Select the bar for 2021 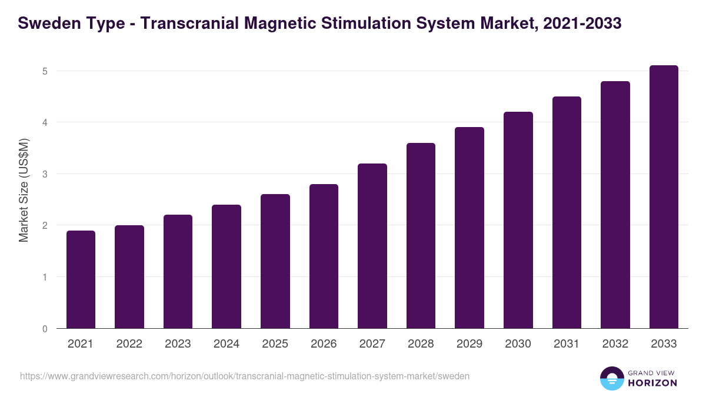(81, 279)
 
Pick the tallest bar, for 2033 (664, 197)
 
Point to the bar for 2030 (518, 220)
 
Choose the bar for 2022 (129, 276)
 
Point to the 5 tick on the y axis (44, 71)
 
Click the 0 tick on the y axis (44, 329)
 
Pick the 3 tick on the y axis (44, 174)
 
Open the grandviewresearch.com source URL (245, 376)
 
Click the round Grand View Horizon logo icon (611, 378)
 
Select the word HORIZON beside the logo (652, 383)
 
